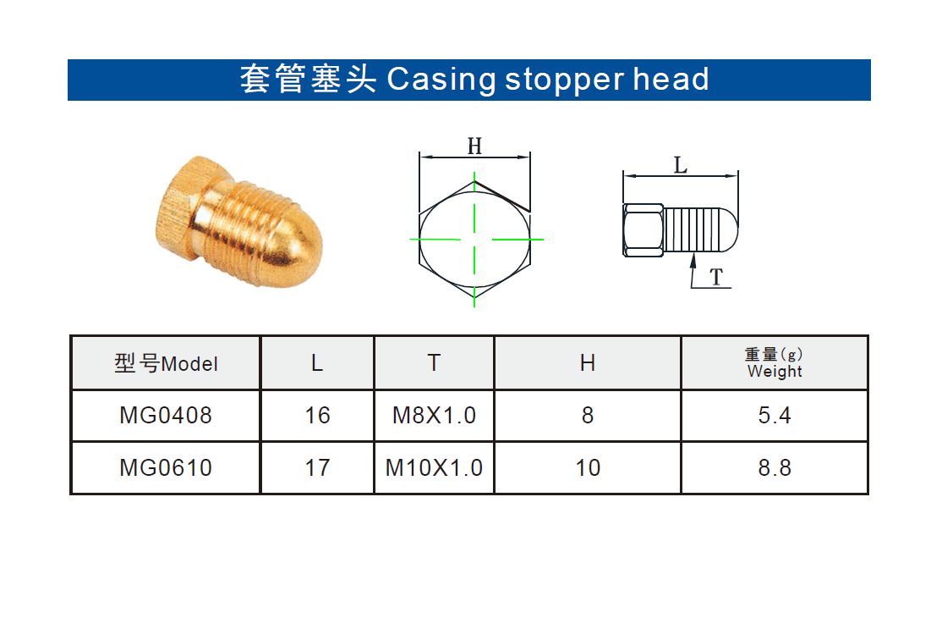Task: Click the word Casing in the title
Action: (x=441, y=80)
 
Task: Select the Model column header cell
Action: (x=166, y=363)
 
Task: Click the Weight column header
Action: (x=775, y=363)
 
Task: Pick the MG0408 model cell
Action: (x=166, y=415)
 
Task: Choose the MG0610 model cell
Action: (x=166, y=468)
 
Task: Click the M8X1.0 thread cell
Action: (x=434, y=415)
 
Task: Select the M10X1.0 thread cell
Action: (x=434, y=468)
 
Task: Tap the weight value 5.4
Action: (x=775, y=415)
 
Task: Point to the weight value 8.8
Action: (x=775, y=468)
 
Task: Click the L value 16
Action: (x=317, y=415)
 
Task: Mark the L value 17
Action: (x=317, y=468)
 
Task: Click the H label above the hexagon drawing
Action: (x=474, y=146)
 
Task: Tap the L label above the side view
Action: (x=681, y=165)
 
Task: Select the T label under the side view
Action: (x=717, y=277)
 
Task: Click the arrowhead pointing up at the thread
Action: (x=693, y=261)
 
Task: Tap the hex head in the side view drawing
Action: (x=643, y=230)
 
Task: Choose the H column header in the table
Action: (x=587, y=363)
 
